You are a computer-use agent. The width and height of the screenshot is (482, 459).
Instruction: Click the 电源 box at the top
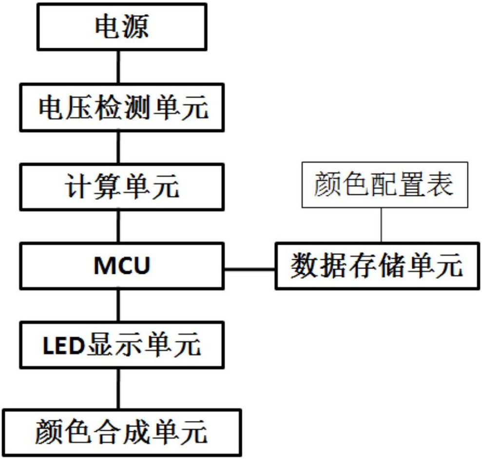(x=121, y=27)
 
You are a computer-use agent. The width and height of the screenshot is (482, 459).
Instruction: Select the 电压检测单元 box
(x=121, y=108)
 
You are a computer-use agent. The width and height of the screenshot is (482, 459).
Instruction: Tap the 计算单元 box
(x=121, y=188)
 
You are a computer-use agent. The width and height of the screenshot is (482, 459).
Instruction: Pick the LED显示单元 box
(x=121, y=346)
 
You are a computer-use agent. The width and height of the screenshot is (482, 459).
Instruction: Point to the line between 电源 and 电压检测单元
(x=117, y=67)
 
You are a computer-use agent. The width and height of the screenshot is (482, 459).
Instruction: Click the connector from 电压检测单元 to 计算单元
(x=117, y=148)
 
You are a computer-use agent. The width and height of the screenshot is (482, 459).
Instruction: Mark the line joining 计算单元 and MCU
(x=117, y=227)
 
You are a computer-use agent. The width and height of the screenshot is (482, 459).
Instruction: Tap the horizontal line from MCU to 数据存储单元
(x=250, y=268)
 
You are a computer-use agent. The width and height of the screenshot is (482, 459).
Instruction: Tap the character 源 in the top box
(x=135, y=27)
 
